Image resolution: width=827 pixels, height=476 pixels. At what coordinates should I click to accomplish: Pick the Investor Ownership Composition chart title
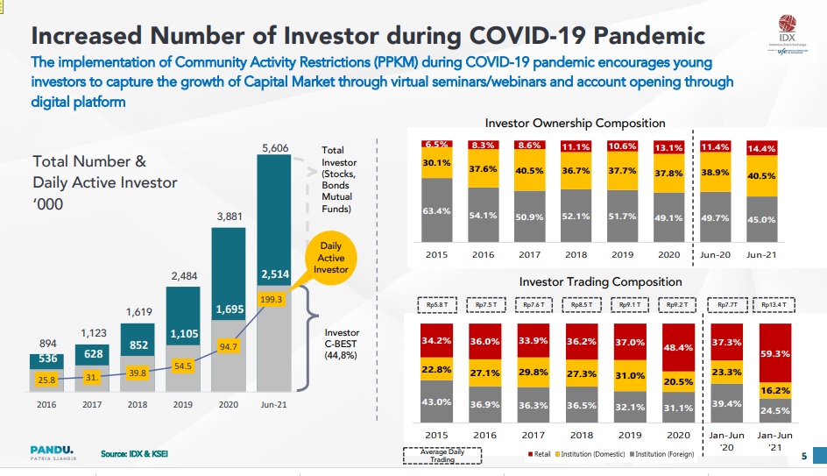[575, 123]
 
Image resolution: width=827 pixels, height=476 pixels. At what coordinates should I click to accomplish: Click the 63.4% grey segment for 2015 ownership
[436, 210]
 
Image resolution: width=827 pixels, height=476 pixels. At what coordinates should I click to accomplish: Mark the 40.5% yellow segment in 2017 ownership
[531, 172]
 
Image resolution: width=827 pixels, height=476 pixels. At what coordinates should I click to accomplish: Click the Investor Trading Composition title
[600, 281]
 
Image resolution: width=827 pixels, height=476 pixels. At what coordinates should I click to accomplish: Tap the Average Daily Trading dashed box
[442, 455]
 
